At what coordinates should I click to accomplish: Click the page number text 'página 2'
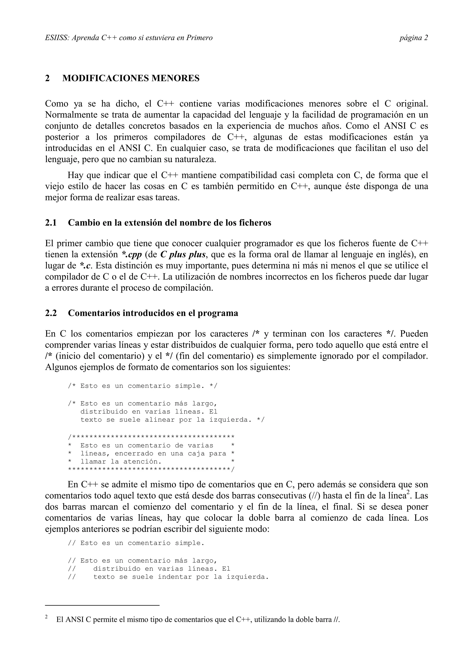(x=413, y=38)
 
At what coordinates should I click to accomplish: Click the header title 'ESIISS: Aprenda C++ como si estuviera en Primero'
(x=129, y=38)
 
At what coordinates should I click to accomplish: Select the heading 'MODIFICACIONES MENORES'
(x=131, y=78)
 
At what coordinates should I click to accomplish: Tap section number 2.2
(x=51, y=313)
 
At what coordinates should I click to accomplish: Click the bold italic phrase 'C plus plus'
(x=183, y=254)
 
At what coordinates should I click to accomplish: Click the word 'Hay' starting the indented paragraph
(x=75, y=175)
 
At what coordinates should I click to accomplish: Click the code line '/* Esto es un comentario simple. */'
(x=143, y=386)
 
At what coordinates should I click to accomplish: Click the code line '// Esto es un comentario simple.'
(x=136, y=543)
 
